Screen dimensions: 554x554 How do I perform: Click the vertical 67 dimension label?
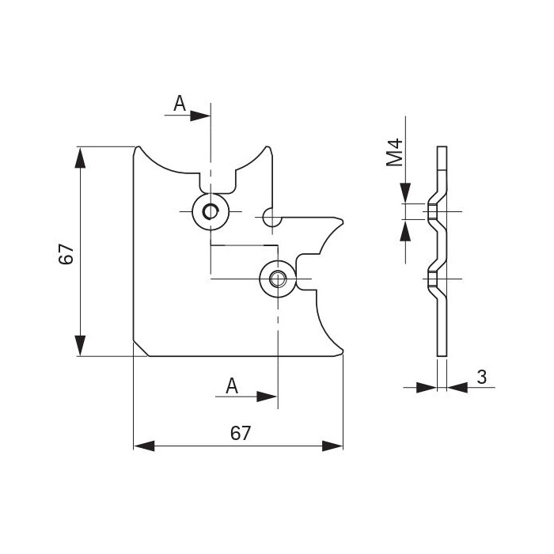click(66, 254)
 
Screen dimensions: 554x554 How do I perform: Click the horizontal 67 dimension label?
click(240, 433)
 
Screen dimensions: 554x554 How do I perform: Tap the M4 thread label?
click(395, 152)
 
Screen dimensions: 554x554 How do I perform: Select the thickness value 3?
click(481, 378)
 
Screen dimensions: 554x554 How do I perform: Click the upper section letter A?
click(180, 103)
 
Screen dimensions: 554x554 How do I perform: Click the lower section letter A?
click(232, 385)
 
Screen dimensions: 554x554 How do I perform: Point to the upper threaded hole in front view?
click(211, 211)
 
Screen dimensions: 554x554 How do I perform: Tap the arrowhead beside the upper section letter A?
click(201, 116)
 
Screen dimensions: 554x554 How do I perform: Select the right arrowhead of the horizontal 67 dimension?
click(333, 446)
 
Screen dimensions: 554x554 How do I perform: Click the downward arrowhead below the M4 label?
click(405, 193)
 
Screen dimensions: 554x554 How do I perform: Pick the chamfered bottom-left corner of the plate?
click(140, 349)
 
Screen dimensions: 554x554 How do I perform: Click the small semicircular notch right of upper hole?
click(269, 216)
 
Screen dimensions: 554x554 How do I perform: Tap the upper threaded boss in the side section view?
click(433, 212)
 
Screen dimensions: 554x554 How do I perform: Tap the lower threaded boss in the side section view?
click(433, 279)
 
